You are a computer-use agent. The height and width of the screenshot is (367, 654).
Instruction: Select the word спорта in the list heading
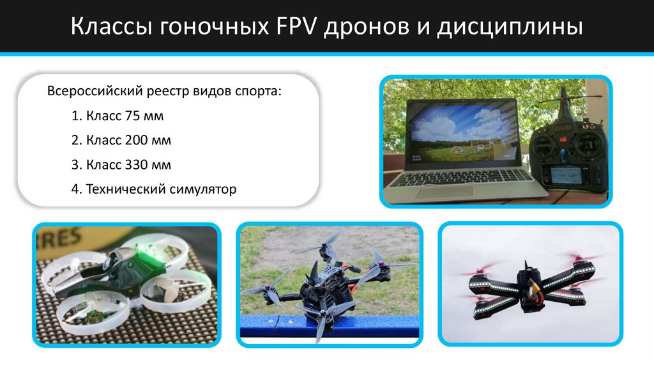[x=259, y=91]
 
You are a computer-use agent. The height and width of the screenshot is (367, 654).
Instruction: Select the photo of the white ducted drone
[x=126, y=285]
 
